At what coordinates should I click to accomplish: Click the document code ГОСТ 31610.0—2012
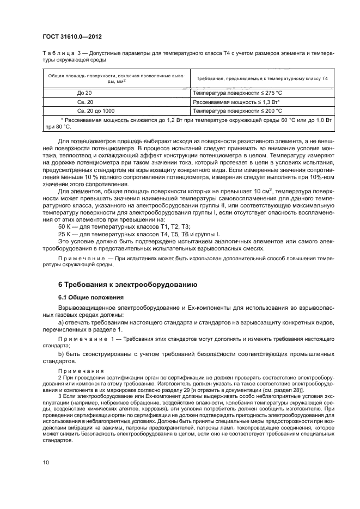click(73, 36)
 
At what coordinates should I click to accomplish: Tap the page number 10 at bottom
click(46, 463)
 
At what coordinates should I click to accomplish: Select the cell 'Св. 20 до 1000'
click(95, 110)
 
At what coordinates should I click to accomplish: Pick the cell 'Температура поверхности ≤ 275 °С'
click(237, 93)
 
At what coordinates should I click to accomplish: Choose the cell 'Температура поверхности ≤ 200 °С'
click(237, 110)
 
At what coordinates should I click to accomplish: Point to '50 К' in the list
click(64, 225)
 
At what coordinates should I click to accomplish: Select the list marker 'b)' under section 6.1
click(60, 354)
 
